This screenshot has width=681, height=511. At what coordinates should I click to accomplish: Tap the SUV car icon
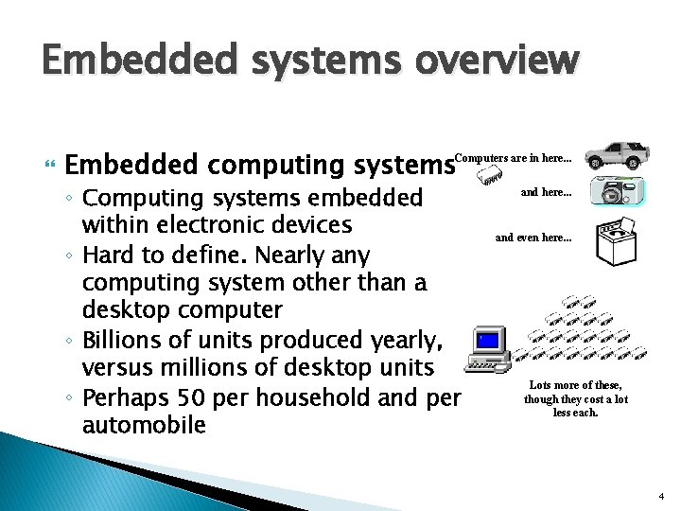(x=616, y=154)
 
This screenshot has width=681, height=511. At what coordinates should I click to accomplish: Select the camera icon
(x=620, y=191)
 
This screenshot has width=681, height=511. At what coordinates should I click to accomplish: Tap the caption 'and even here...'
(x=533, y=238)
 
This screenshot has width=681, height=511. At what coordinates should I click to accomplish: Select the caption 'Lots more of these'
(x=575, y=385)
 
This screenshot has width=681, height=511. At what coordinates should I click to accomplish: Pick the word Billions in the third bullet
(x=122, y=339)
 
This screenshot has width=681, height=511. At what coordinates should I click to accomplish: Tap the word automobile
(x=144, y=425)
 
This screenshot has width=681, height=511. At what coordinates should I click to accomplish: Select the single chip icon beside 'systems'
(x=488, y=176)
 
